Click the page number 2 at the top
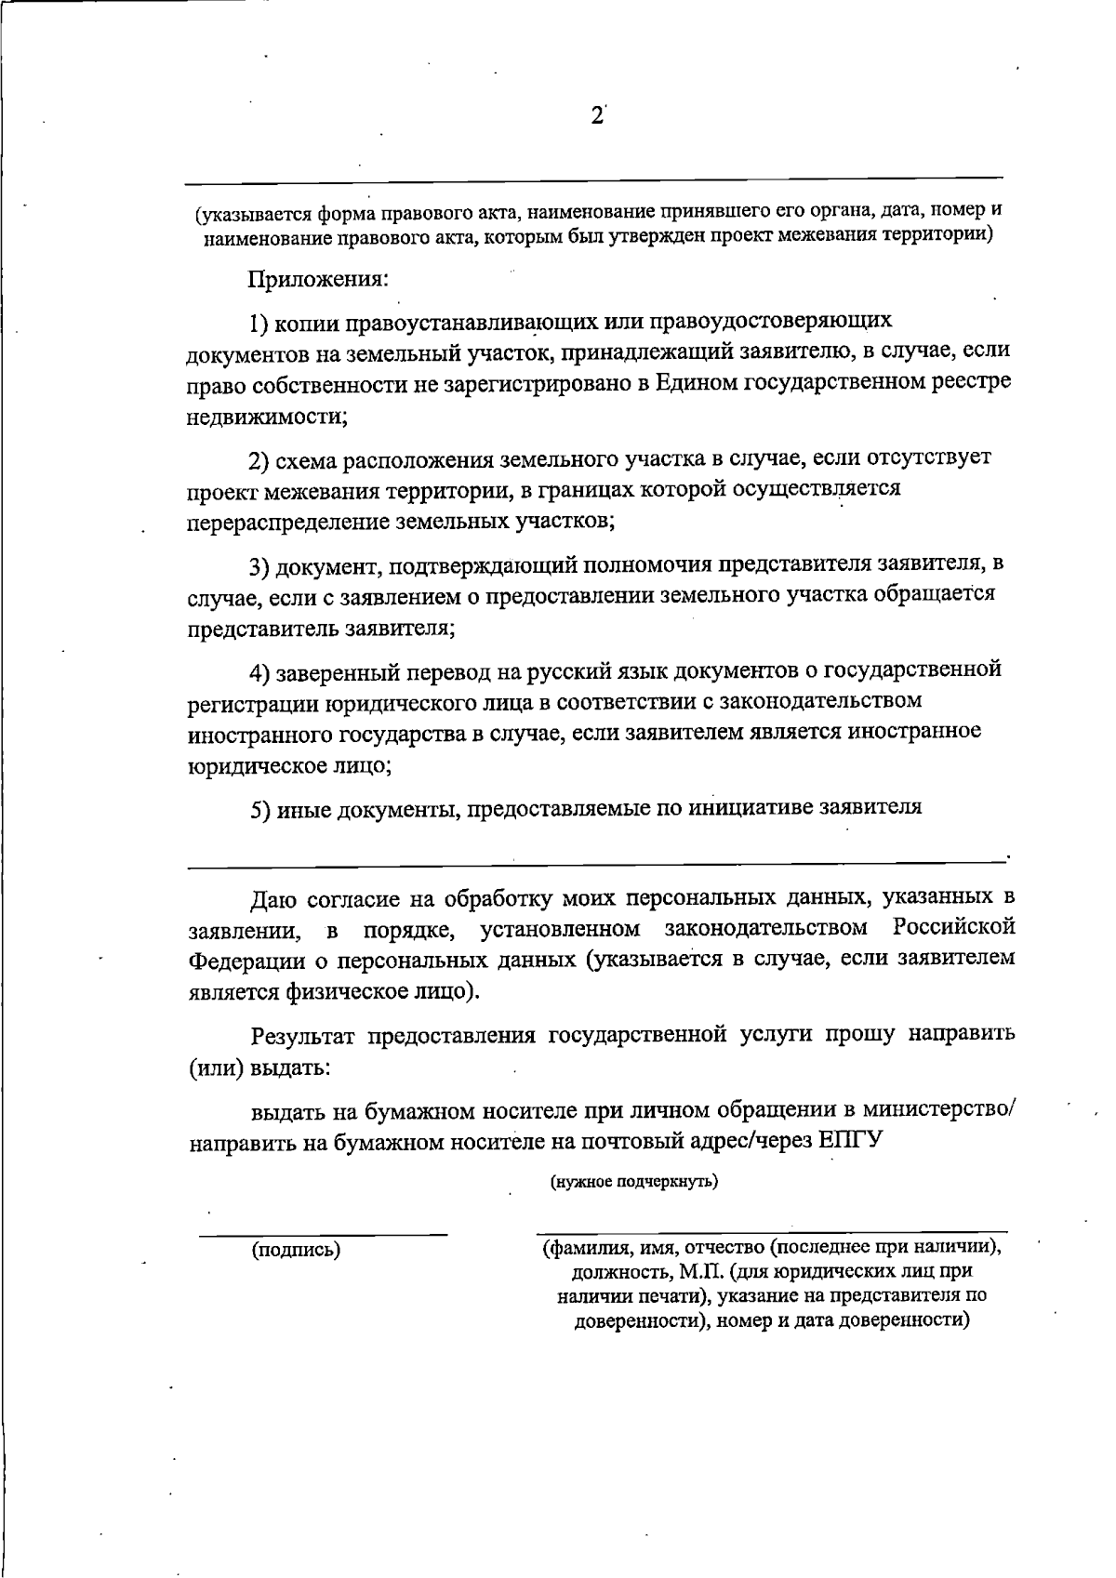(x=596, y=117)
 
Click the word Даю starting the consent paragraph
(x=273, y=899)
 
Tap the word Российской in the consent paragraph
(x=951, y=928)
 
